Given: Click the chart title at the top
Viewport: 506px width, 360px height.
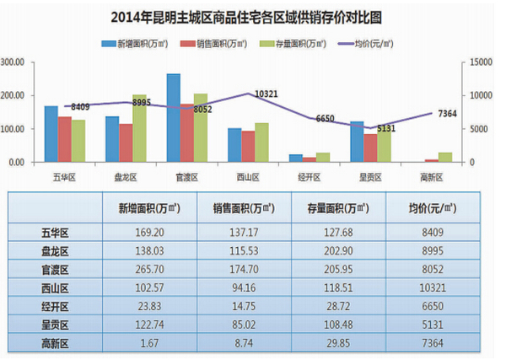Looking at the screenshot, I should [252, 16].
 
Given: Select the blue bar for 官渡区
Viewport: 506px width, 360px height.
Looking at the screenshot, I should [173, 118].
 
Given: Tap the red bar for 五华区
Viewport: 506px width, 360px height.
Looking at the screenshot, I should [65, 139].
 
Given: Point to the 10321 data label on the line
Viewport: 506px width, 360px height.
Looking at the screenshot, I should [266, 91].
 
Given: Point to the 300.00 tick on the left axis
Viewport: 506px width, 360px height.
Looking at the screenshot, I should [15, 62].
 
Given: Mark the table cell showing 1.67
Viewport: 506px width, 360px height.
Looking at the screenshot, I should [143, 342].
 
